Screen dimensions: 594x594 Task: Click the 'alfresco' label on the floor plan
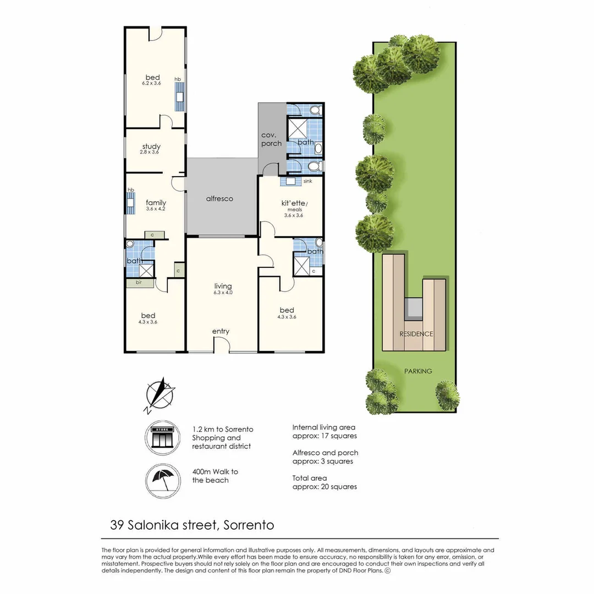(x=219, y=199)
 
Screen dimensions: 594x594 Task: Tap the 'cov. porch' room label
(x=271, y=139)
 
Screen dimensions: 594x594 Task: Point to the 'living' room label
(x=223, y=287)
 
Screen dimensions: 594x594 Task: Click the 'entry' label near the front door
(x=221, y=331)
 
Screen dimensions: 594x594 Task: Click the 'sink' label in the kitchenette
(x=307, y=180)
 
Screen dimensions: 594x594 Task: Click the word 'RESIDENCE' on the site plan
(x=416, y=334)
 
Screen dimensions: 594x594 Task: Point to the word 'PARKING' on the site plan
(x=417, y=371)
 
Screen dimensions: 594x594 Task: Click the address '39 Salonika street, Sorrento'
(x=192, y=525)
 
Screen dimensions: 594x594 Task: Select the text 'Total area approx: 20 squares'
(x=324, y=482)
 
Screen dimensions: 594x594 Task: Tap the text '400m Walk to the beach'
(x=215, y=476)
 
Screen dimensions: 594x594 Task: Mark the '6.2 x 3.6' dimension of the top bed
(x=151, y=83)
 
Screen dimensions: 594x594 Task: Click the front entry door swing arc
(x=221, y=344)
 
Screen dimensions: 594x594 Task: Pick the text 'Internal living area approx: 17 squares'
(x=324, y=431)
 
